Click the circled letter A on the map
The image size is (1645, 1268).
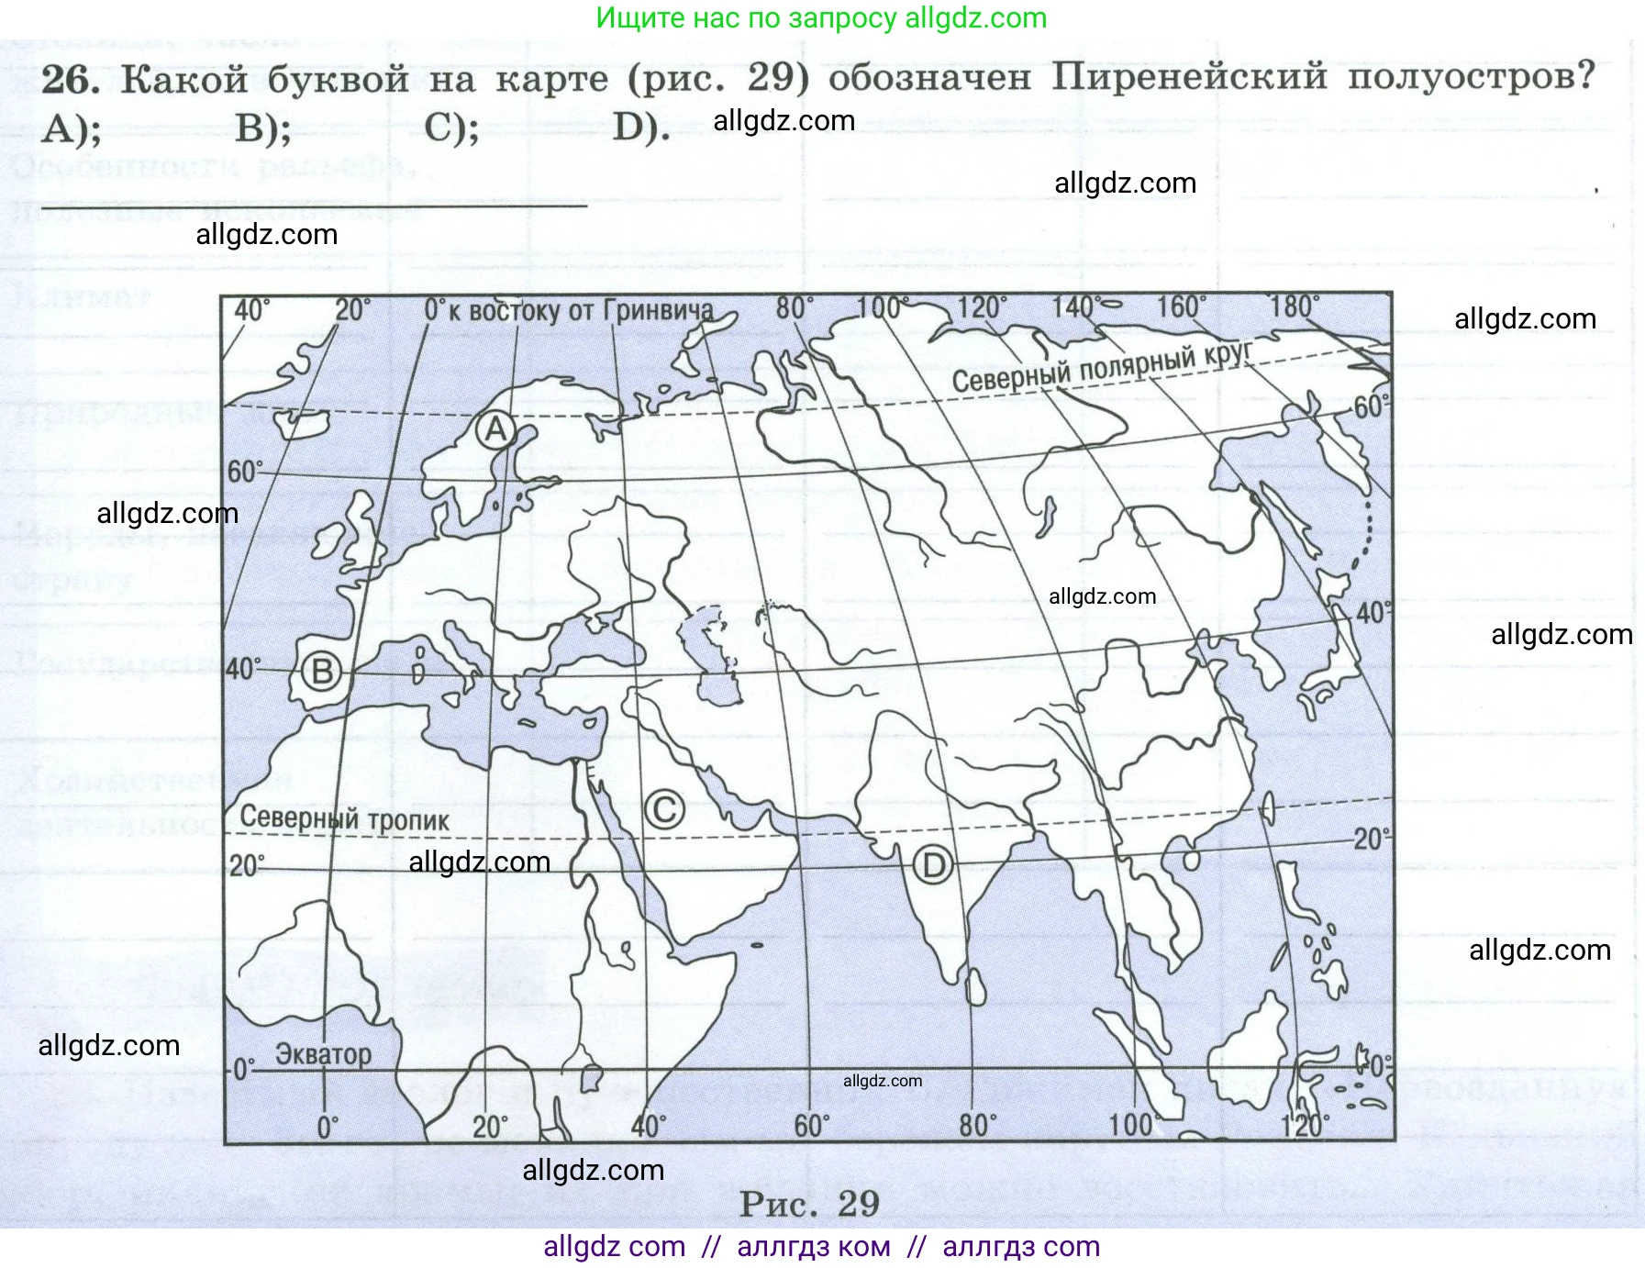(495, 429)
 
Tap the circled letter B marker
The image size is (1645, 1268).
(322, 673)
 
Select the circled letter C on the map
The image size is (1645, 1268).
(664, 809)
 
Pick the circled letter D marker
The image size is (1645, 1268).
(933, 865)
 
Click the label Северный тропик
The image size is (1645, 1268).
(345, 818)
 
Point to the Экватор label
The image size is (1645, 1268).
(323, 1055)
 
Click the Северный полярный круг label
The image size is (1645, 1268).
(1102, 367)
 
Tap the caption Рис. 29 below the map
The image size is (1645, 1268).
(809, 1204)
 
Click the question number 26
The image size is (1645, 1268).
(70, 80)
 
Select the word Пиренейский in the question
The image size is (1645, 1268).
(1189, 76)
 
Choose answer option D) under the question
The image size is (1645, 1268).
(640, 128)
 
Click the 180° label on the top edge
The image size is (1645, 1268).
(1294, 306)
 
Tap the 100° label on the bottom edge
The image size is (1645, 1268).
(1130, 1125)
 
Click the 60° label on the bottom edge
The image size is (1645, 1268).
(811, 1126)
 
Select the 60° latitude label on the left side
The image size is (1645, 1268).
(245, 472)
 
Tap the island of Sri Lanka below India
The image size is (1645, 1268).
(977, 988)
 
